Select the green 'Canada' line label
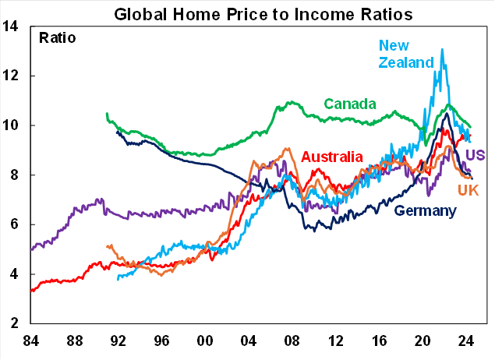[x=350, y=104]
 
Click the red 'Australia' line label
[x=332, y=157]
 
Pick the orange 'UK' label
[x=468, y=190]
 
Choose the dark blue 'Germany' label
[x=426, y=210]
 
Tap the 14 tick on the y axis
[x=12, y=26]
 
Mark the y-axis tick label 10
[x=12, y=125]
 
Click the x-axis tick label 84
[x=30, y=341]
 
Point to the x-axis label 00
[x=205, y=341]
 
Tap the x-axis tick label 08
[x=292, y=341]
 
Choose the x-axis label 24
[x=467, y=341]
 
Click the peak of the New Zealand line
[x=443, y=49]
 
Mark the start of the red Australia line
[x=31, y=291]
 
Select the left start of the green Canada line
[x=107, y=114]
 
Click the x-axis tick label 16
[x=380, y=341]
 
